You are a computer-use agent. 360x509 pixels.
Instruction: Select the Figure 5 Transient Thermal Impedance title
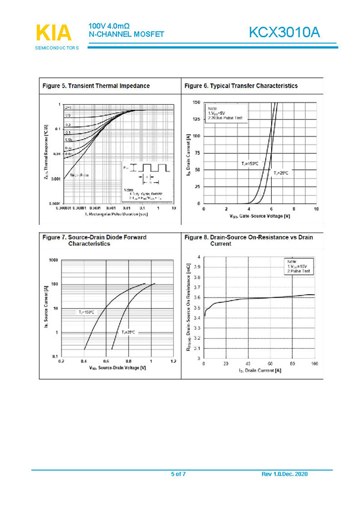pos(96,86)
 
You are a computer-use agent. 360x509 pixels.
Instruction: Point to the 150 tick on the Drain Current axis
pos(196,102)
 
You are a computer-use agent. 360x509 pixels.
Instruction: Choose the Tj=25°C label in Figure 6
pos(281,173)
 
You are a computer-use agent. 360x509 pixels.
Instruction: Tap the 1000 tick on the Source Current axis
pos(53,260)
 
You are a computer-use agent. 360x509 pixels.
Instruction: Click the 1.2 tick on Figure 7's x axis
pos(173,361)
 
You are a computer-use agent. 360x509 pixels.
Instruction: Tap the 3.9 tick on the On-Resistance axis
pos(197,267)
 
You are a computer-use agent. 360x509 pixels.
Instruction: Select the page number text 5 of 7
pos(179,473)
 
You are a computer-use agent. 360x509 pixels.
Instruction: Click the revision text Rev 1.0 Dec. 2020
pos(284,473)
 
